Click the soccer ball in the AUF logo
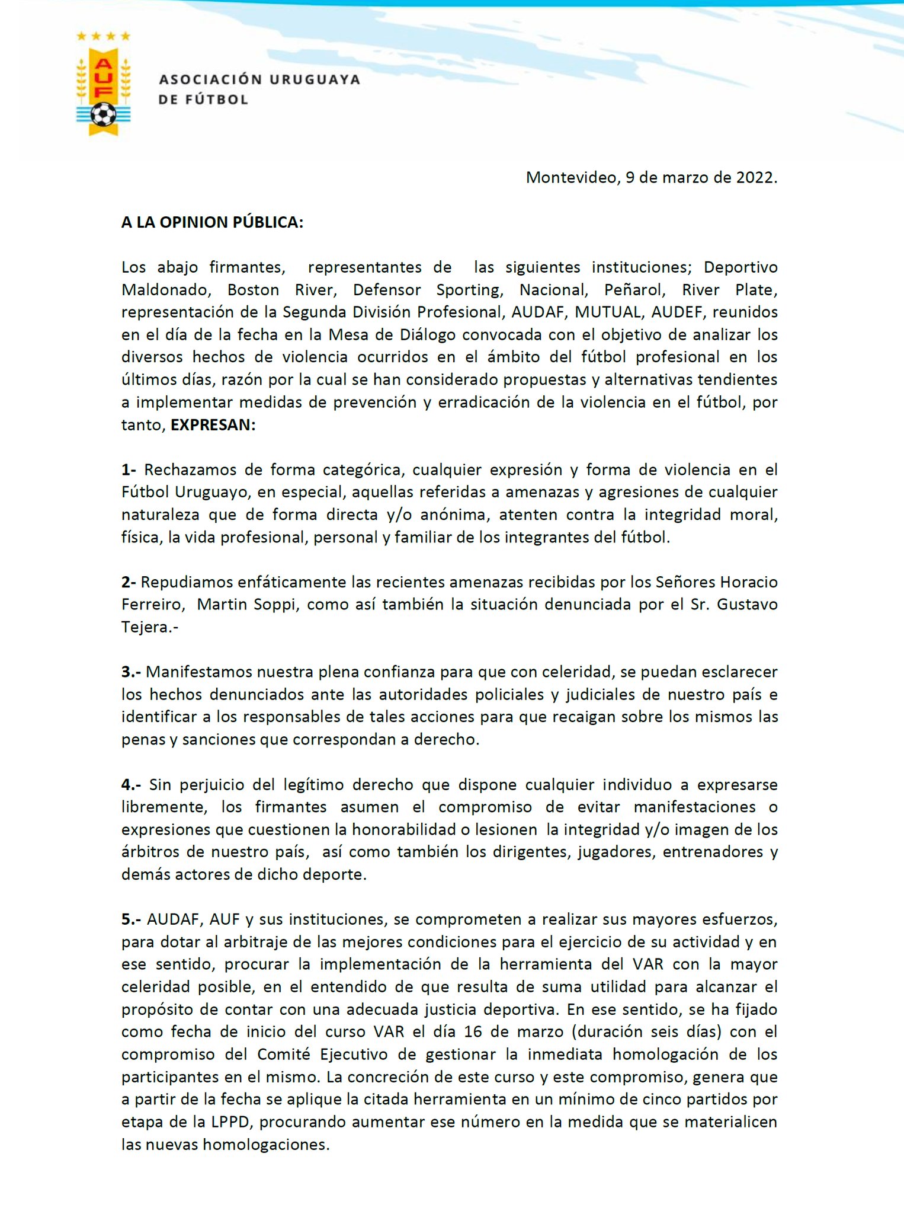[104, 114]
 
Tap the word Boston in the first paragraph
[253, 290]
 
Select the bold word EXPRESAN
[213, 425]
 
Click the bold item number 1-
[129, 470]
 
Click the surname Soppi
[270, 605]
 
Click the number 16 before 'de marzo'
[473, 1032]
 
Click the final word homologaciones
[266, 1145]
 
